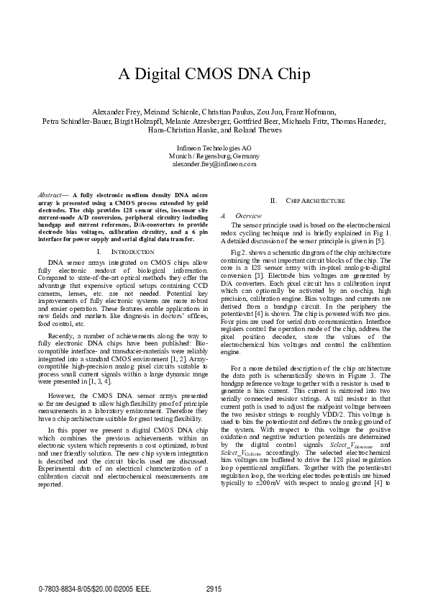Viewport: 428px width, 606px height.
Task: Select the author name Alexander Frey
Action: [117, 113]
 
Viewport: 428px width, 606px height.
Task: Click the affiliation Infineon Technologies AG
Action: [214, 148]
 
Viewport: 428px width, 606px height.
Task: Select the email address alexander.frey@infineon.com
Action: [214, 164]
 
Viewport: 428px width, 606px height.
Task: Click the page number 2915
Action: [214, 589]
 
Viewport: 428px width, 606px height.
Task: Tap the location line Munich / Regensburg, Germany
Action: [214, 156]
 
